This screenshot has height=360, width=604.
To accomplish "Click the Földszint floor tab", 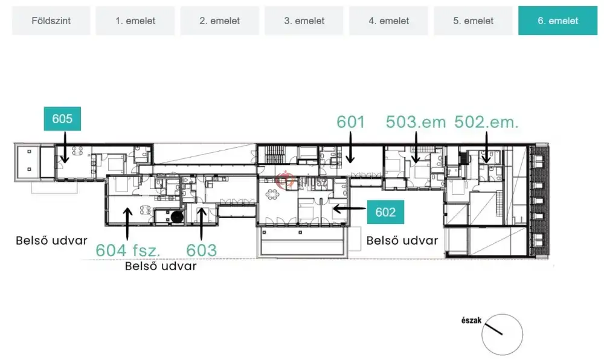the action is point(51,21).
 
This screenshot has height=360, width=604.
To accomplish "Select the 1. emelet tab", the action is point(135,21).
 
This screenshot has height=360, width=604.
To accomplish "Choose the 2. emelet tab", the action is point(220,21).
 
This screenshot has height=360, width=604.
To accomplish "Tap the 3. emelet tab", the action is point(304,21).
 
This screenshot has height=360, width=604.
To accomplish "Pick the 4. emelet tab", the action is point(388,21).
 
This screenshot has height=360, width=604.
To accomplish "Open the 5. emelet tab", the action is point(473,21).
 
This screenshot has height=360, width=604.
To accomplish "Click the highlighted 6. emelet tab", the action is point(557,21).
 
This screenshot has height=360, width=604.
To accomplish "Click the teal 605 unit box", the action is point(62,118).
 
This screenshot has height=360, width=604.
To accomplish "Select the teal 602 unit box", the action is point(385,212).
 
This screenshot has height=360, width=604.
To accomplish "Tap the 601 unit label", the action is point(350,122).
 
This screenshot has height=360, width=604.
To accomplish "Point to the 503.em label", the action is point(416,122).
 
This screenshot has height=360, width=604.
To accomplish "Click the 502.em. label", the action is point(486,122).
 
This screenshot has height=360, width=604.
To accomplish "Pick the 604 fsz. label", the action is point(127,250).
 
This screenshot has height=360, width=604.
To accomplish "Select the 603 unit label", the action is point(202,250).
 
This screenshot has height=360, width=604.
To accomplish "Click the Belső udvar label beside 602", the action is point(402,240).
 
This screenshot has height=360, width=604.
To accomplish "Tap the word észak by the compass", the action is point(472,320).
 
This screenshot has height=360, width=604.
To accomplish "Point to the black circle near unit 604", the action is point(177,217).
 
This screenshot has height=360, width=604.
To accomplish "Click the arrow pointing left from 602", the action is point(349,208).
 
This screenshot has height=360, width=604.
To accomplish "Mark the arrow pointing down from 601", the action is point(350,147).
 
